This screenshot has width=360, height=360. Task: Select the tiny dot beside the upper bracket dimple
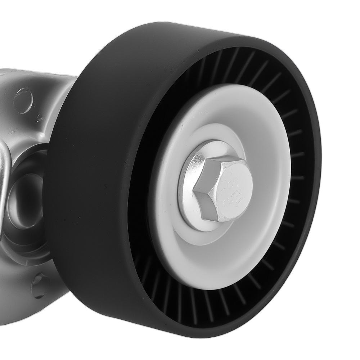(40, 117)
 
